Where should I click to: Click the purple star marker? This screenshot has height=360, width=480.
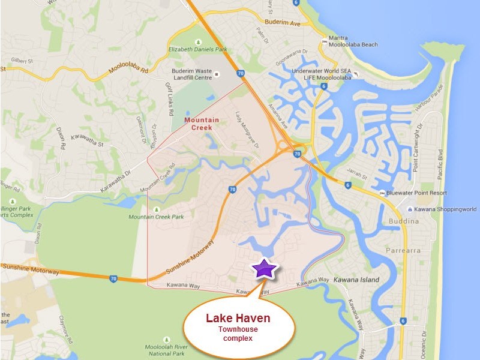point(264,269)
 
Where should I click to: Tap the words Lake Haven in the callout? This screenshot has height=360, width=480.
point(238,318)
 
